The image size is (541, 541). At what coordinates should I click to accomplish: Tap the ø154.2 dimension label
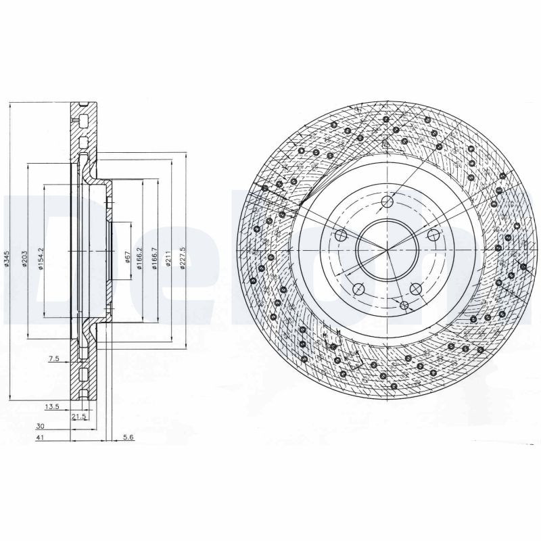(x=41, y=258)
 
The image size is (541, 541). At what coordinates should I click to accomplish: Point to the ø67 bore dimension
(x=126, y=257)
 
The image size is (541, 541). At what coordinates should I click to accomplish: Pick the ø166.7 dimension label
(x=154, y=257)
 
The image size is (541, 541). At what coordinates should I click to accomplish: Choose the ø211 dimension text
(x=168, y=258)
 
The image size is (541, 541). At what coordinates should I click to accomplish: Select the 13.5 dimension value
(x=51, y=407)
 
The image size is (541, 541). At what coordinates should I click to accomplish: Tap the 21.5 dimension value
(x=78, y=417)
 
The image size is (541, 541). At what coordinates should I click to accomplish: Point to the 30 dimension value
(x=41, y=427)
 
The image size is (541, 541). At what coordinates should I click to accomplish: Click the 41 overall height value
(x=41, y=438)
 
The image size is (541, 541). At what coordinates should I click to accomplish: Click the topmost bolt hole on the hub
(x=387, y=202)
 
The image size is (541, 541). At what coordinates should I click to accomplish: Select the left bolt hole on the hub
(x=342, y=236)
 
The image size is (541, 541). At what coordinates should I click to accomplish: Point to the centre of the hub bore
(x=387, y=250)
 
